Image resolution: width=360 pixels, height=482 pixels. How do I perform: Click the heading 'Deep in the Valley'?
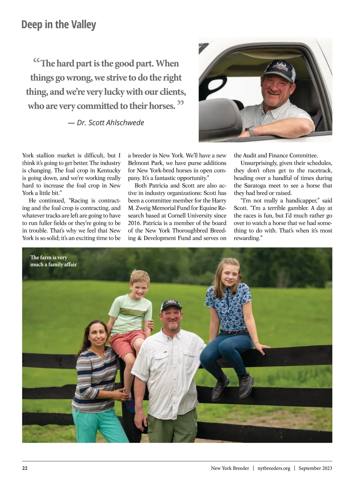(x=58, y=25)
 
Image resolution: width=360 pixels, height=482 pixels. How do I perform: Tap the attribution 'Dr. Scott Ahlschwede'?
(x=106, y=123)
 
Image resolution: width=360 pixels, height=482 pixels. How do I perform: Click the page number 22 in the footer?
(x=25, y=468)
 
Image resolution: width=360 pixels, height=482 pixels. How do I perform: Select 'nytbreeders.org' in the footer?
(x=274, y=468)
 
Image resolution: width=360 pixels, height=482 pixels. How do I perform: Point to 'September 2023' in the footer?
(x=315, y=468)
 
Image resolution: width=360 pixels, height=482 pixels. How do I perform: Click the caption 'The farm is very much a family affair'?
(x=53, y=261)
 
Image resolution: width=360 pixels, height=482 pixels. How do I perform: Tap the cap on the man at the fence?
(x=171, y=306)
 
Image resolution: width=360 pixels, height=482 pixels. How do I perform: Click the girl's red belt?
(x=234, y=331)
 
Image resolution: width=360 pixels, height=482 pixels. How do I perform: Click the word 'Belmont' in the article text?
(x=139, y=163)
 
